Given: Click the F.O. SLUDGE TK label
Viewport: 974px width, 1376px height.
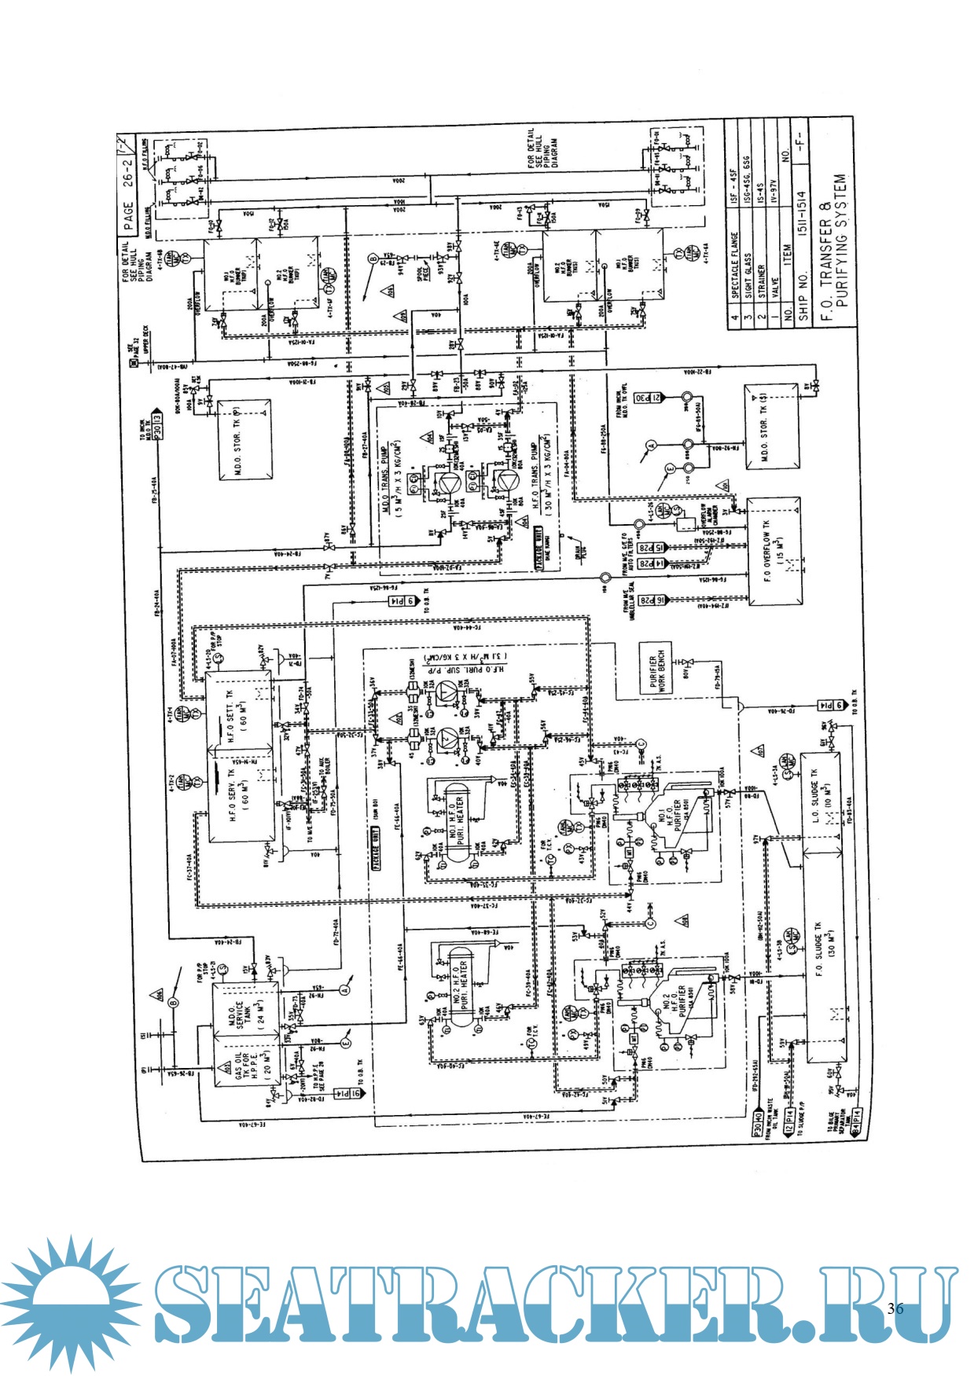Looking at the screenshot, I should coord(820,951).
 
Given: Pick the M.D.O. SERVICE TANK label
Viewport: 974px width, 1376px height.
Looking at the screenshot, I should coord(241,1008).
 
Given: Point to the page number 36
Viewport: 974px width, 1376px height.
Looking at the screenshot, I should coord(895,1308).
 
